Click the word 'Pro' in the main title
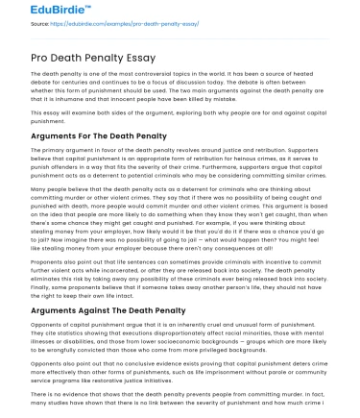[x=15, y=55]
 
